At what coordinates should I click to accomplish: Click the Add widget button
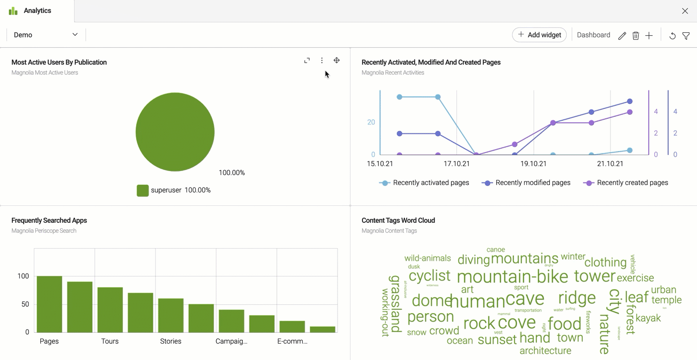[539, 35]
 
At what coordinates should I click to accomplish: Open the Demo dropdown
[46, 35]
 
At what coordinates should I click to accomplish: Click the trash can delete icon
[635, 36]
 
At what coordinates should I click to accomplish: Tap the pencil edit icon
[622, 36]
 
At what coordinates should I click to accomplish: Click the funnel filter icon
[686, 36]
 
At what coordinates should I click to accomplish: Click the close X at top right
[685, 11]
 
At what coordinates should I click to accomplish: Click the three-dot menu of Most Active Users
[322, 61]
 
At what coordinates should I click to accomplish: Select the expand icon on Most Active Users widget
[307, 61]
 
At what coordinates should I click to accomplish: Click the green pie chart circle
[175, 132]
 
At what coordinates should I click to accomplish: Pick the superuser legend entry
[174, 190]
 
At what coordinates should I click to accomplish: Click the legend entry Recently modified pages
[526, 183]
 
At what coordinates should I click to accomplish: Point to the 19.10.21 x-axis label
[533, 164]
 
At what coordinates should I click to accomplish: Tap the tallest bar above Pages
[49, 304]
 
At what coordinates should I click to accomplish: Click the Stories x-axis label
[171, 342]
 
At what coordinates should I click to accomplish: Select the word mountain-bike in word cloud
[512, 277]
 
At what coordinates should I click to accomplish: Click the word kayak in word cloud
[648, 318]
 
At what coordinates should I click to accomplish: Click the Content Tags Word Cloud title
[398, 220]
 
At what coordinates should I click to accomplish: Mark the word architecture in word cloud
[545, 351]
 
